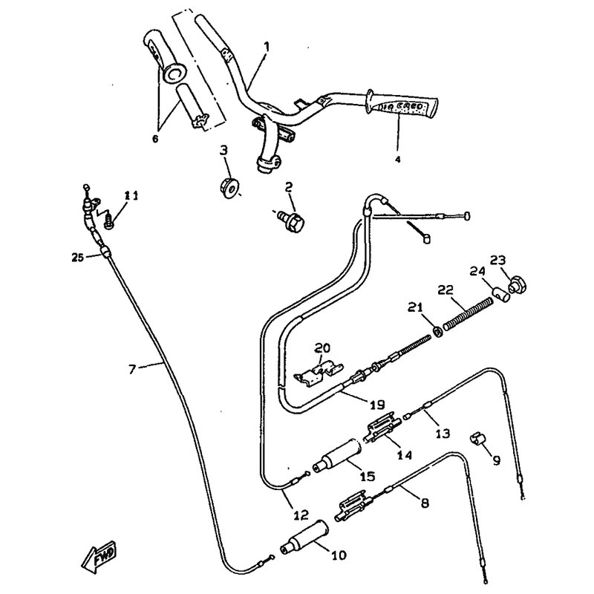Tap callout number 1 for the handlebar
[x=266, y=46]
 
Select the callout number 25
[x=77, y=258]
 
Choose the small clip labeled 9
[x=477, y=438]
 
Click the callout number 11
[x=131, y=196]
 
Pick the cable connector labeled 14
[x=382, y=432]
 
